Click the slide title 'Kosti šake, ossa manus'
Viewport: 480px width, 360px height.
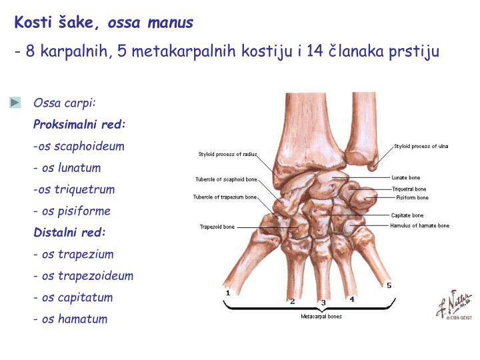click(x=104, y=23)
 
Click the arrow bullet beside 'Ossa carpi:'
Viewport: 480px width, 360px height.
click(x=15, y=103)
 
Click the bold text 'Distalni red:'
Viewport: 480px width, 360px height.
click(x=69, y=233)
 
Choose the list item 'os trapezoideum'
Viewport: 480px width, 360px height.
click(x=84, y=275)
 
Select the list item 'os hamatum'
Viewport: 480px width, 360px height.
click(x=71, y=319)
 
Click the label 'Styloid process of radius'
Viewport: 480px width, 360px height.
click(x=227, y=154)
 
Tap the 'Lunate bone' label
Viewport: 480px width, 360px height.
click(x=405, y=178)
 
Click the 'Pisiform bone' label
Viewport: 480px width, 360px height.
click(x=412, y=197)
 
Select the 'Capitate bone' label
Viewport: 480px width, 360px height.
click(x=407, y=215)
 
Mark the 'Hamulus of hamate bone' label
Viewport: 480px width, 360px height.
click(x=419, y=225)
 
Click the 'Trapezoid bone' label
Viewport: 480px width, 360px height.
click(x=217, y=227)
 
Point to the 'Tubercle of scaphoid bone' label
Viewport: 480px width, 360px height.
click(x=226, y=179)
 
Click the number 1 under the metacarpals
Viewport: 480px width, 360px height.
click(x=228, y=292)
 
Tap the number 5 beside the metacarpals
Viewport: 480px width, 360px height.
click(x=389, y=285)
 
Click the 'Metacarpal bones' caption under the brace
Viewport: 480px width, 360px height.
click(x=321, y=316)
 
